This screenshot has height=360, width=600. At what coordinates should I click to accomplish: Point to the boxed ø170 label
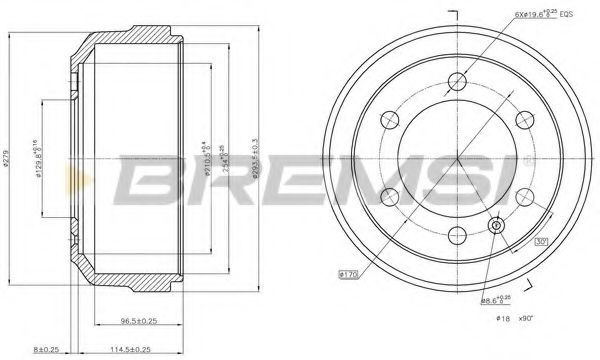coord(348,273)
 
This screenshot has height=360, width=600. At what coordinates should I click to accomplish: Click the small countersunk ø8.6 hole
coord(495,225)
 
